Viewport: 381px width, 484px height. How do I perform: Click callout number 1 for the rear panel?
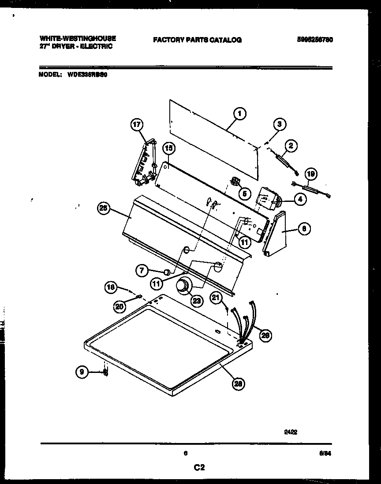(239, 115)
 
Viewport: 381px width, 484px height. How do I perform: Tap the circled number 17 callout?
(137, 125)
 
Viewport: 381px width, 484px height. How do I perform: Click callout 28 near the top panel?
(239, 383)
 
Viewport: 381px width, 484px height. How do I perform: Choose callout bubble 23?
(196, 301)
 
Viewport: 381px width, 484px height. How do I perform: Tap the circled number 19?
(311, 174)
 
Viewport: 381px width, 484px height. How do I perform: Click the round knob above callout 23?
(182, 287)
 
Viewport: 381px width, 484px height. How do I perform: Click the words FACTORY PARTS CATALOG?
(197, 40)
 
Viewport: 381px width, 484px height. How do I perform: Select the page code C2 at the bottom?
(199, 468)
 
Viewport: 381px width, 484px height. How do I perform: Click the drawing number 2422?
(291, 432)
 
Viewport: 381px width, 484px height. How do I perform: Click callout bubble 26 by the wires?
(265, 336)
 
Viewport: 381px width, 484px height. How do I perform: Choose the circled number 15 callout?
(168, 149)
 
